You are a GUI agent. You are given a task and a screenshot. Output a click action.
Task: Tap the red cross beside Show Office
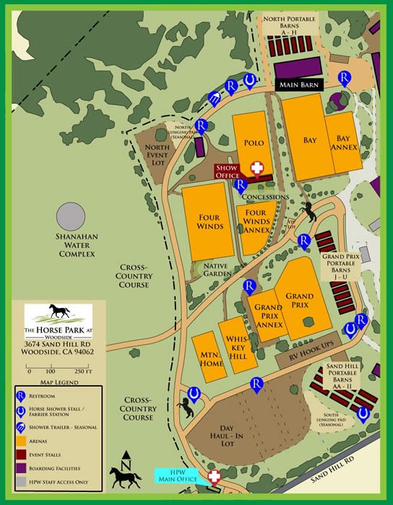click(x=256, y=169)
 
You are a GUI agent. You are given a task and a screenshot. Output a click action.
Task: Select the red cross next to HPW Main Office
click(x=214, y=477)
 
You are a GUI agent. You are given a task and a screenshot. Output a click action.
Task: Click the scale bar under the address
click(x=59, y=364)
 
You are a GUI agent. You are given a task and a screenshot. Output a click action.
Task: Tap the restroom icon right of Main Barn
click(x=345, y=77)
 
